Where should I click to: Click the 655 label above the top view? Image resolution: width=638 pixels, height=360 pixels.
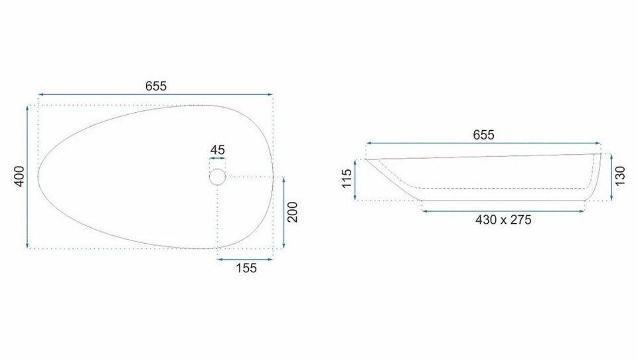pyautogui.click(x=156, y=86)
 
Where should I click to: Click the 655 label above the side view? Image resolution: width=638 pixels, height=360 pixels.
pyautogui.click(x=483, y=135)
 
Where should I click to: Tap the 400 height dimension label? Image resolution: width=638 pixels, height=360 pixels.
pyautogui.click(x=19, y=176)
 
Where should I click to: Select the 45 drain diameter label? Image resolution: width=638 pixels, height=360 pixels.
pyautogui.click(x=217, y=150)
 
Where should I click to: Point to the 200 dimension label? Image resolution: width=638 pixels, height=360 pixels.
pyautogui.click(x=293, y=212)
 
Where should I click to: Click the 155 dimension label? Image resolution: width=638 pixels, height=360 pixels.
pyautogui.click(x=246, y=268)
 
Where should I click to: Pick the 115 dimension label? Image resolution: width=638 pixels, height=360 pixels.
pyautogui.click(x=347, y=179)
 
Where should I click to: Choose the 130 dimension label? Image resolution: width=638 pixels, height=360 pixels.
pyautogui.click(x=619, y=176)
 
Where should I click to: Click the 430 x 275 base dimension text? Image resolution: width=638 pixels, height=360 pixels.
pyautogui.click(x=503, y=220)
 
